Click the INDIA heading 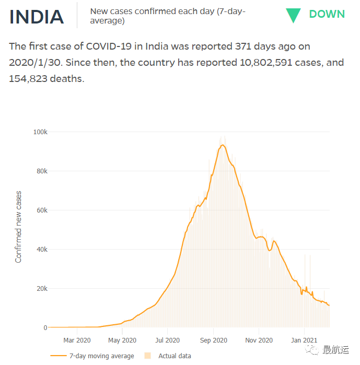pyautogui.click(x=37, y=16)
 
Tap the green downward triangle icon pyautogui.click(x=293, y=15)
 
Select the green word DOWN pyautogui.click(x=327, y=14)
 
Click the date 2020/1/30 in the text pyautogui.click(x=34, y=63)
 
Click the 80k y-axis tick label pyautogui.click(x=41, y=171)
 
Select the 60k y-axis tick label pyautogui.click(x=41, y=210)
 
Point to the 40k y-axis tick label pyautogui.click(x=41, y=250)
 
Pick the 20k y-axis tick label pyautogui.click(x=41, y=289)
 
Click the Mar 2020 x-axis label pyautogui.click(x=77, y=340)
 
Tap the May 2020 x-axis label pyautogui.click(x=122, y=340)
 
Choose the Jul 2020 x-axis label pyautogui.click(x=167, y=340)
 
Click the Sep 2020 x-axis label pyautogui.click(x=213, y=340)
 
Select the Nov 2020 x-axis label pyautogui.click(x=259, y=340)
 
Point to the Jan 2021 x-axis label pyautogui.click(x=304, y=340)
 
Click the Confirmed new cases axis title pyautogui.click(x=19, y=227)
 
